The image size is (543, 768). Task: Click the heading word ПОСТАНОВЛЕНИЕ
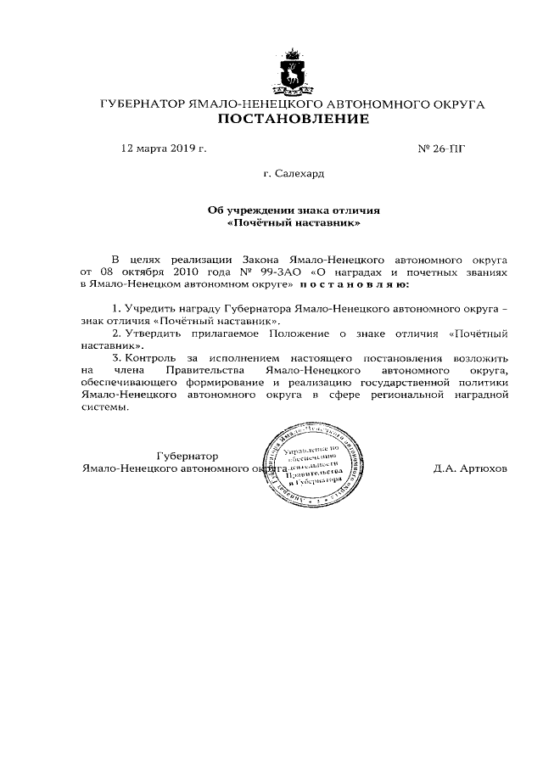[x=294, y=120]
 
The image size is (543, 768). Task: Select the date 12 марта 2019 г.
[x=164, y=149]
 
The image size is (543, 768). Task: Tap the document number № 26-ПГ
[x=442, y=149]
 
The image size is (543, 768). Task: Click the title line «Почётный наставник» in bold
[x=294, y=225]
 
